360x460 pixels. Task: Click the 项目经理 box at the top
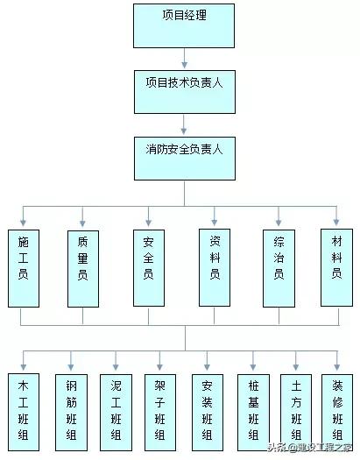click(x=185, y=25)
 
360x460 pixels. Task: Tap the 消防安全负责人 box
click(x=185, y=159)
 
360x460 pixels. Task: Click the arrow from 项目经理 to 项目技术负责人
click(x=185, y=59)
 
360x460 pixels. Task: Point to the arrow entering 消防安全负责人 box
click(x=185, y=125)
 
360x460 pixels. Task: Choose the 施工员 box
click(x=23, y=267)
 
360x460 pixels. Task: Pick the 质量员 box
click(x=82, y=267)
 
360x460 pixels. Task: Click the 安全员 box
click(x=148, y=267)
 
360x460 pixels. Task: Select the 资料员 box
click(x=215, y=267)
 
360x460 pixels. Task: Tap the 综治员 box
click(x=279, y=267)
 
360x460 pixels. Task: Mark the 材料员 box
click(x=336, y=267)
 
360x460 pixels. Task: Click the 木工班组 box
click(x=23, y=409)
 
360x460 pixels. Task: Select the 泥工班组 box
click(x=116, y=409)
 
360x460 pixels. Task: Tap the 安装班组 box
click(x=207, y=409)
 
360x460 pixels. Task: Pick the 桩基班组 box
click(x=253, y=409)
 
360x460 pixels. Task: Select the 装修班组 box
click(x=336, y=409)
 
